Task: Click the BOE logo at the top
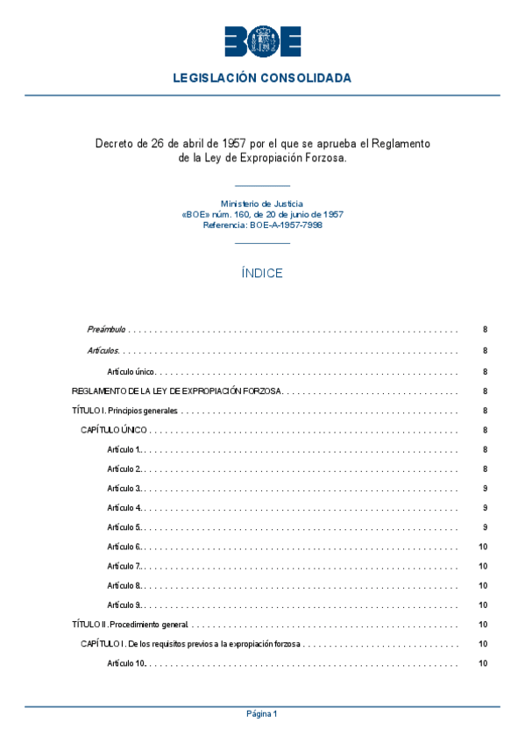262,41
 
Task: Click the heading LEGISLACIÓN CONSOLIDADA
262,78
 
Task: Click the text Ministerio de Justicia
262,204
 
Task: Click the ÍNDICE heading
262,274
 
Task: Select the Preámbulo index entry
106,330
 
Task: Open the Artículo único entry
131,371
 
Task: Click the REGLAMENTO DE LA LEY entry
176,391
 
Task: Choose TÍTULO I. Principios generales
124,411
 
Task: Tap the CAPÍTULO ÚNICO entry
114,431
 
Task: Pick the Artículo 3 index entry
124,488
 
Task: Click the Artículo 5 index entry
124,527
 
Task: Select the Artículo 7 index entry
124,566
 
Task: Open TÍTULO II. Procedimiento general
130,625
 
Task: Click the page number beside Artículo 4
485,508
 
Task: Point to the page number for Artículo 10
483,663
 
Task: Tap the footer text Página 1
262,714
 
